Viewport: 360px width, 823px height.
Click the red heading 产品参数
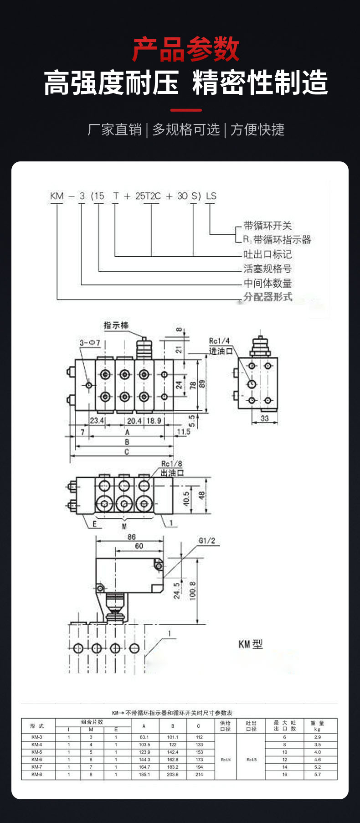[x=185, y=49]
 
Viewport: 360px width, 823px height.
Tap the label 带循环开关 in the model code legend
[x=267, y=225]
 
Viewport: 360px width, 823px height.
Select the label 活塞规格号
[x=267, y=269]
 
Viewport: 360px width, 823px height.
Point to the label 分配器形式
[x=267, y=297]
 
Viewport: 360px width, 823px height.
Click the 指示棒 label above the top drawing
[x=116, y=325]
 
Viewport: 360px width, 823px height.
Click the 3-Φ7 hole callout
[x=90, y=342]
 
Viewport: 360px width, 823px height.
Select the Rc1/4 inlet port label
[x=219, y=341]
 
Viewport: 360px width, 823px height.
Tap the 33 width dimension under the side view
[x=264, y=418]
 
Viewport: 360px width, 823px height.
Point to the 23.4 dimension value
[x=97, y=420]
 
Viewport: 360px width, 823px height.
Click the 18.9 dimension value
[x=153, y=420]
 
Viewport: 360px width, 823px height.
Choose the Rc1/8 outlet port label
[x=172, y=464]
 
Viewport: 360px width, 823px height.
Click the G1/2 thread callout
[x=206, y=541]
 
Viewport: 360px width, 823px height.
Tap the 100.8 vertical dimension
[x=193, y=590]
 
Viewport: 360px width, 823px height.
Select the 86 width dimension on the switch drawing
[x=131, y=537]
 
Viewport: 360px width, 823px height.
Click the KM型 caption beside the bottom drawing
[x=251, y=644]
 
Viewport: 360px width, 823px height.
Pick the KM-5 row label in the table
[x=37, y=752]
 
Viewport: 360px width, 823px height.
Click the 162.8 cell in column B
[x=173, y=760]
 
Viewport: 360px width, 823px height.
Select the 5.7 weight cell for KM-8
[x=317, y=774]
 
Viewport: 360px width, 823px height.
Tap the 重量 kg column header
[x=317, y=725]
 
